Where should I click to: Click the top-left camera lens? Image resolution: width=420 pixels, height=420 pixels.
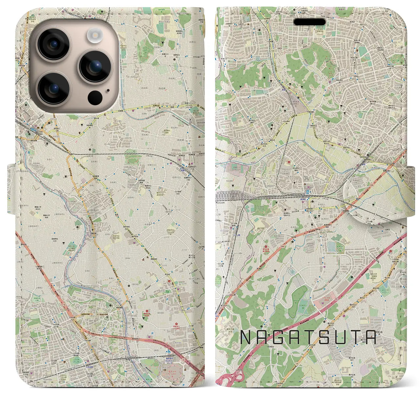(53, 44)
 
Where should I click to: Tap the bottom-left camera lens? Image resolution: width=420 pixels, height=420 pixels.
(53, 88)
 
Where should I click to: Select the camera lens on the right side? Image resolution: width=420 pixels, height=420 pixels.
(95, 66)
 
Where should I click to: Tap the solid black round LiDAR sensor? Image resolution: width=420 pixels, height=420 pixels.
(95, 97)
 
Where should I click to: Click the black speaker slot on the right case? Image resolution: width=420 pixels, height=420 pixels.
(309, 22)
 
